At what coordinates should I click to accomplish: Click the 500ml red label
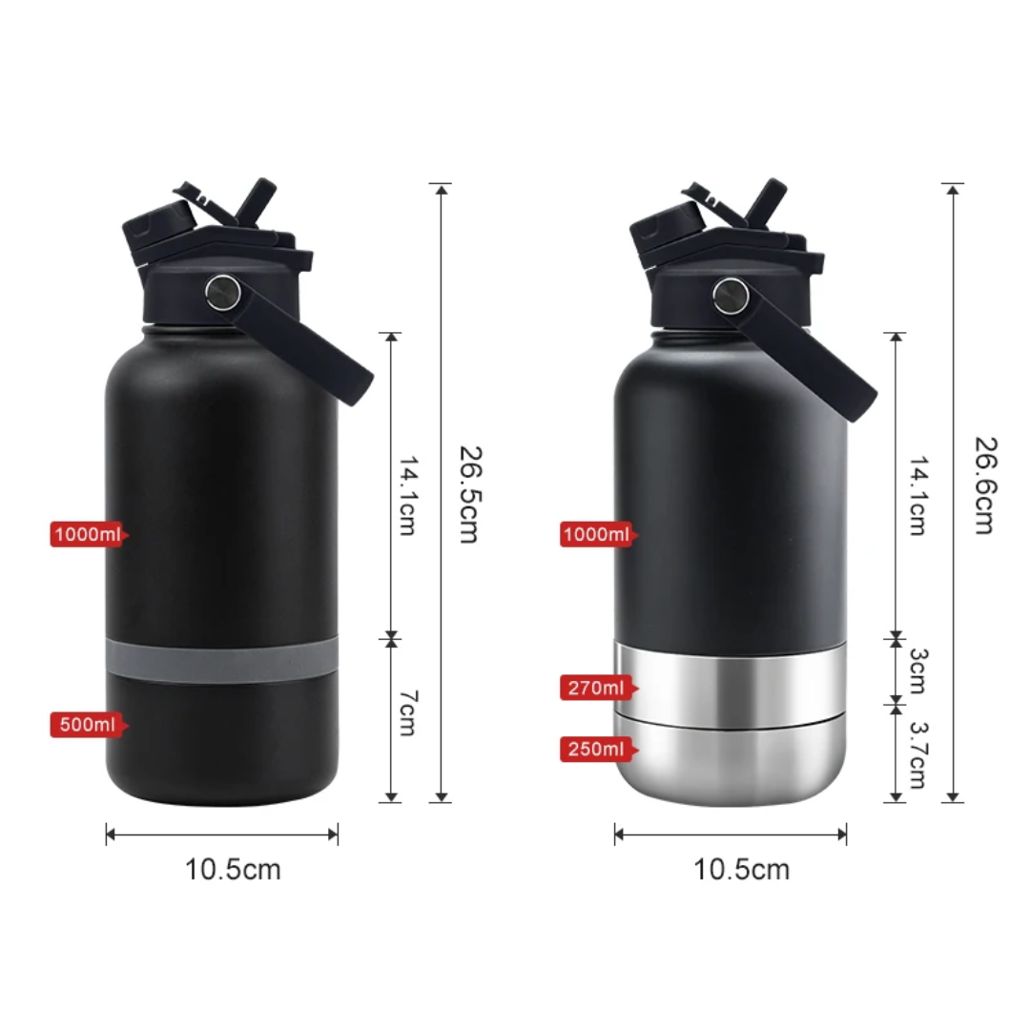coord(87,725)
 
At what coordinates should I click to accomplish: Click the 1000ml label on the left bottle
coord(87,534)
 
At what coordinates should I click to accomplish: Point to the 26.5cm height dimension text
coord(467,493)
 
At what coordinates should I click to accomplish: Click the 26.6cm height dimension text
coord(982,484)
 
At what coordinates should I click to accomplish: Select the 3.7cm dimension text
coord(917,755)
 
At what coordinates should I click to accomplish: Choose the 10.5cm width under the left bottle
coord(233,870)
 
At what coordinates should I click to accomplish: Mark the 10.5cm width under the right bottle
coord(742,870)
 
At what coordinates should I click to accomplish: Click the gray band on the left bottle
coord(221,661)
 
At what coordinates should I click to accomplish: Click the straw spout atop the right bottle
coord(766,200)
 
